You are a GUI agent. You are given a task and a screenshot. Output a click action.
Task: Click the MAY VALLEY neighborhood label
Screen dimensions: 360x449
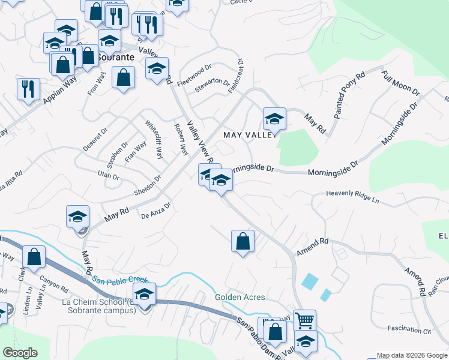[249, 135]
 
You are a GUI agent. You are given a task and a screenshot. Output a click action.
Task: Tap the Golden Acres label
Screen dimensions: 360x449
[241, 297]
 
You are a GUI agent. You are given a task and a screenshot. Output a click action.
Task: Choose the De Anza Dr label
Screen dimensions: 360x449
[156, 211]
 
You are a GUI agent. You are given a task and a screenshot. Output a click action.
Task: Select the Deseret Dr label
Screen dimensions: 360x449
[95, 139]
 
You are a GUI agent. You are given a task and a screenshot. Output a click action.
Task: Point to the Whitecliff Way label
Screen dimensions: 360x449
[154, 139]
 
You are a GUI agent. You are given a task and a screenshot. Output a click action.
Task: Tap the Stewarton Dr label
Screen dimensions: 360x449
[211, 86]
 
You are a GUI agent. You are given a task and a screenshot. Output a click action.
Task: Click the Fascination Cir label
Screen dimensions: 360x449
[409, 330]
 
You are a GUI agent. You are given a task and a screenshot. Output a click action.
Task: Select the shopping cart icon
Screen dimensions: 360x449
[305, 320]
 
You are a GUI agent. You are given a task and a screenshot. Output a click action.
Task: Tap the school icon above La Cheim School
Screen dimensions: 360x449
[145, 294]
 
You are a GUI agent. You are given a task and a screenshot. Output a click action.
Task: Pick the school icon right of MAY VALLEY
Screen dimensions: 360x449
[274, 118]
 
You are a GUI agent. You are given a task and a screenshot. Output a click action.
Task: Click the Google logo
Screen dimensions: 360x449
[21, 353]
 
